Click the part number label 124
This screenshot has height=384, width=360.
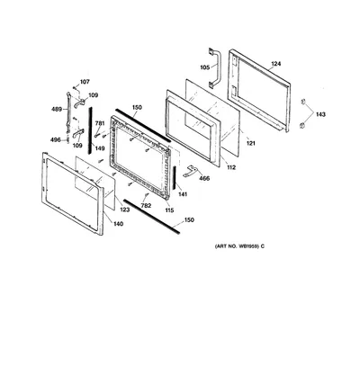276,64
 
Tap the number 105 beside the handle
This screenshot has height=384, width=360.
205,67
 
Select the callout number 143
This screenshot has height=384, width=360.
320,114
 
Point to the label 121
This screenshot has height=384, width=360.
250,143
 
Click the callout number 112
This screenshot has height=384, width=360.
231,167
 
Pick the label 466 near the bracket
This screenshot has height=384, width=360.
204,179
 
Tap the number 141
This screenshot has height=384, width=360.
183,194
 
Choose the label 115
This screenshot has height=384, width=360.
169,210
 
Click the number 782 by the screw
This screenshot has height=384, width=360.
146,206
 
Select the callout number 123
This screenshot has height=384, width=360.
125,210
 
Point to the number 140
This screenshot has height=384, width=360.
119,224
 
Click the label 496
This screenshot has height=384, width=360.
55,139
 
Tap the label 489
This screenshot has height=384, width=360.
57,109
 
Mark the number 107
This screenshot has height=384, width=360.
85,82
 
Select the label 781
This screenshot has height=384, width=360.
100,123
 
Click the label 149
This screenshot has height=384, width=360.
100,148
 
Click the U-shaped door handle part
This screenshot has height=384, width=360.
218,67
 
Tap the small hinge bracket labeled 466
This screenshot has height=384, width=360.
190,171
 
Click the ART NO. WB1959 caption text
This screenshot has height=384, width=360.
239,246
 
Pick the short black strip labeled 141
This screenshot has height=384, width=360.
174,177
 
